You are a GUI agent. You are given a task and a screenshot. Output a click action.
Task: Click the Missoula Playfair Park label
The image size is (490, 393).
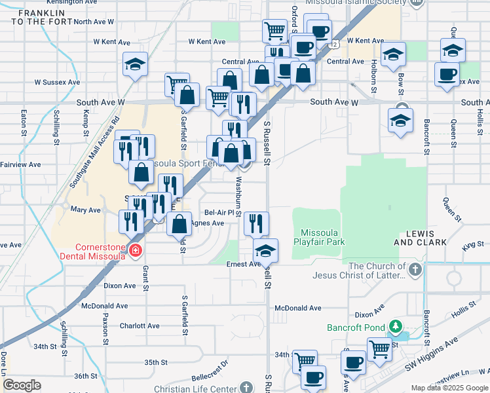(x=323, y=237)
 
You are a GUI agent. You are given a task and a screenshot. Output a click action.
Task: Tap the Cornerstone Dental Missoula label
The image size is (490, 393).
(x=100, y=252)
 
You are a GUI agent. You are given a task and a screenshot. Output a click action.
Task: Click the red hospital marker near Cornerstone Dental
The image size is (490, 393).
(x=136, y=250)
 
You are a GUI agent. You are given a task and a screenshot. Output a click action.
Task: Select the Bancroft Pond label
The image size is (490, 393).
(x=356, y=326)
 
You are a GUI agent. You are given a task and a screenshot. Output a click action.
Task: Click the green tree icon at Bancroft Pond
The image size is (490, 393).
(x=394, y=326)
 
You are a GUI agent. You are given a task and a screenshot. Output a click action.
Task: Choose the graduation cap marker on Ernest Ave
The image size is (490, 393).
(x=266, y=251)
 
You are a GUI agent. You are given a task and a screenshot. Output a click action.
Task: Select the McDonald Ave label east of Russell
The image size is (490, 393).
(x=298, y=308)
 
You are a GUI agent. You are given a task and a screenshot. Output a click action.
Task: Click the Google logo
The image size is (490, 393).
(x=22, y=385)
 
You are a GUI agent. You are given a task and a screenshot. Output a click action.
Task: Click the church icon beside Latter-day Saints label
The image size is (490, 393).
(x=414, y=269)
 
